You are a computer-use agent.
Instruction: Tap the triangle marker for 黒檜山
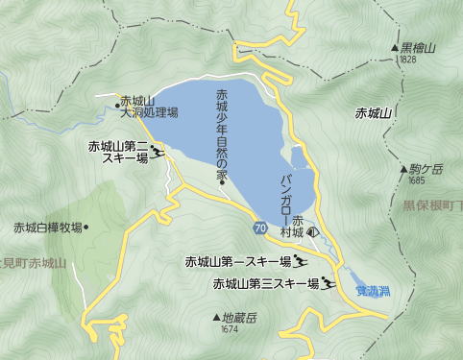(x=395, y=47)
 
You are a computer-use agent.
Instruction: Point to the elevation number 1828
(x=404, y=59)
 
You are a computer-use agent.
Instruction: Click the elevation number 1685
(x=416, y=180)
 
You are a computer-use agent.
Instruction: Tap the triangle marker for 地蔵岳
(x=215, y=289)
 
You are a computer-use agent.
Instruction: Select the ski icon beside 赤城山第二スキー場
(x=158, y=151)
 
